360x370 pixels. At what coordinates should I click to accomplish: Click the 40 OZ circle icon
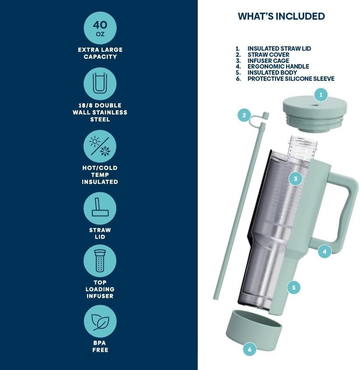coord(100,28)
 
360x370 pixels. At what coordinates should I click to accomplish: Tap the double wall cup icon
coord(100,84)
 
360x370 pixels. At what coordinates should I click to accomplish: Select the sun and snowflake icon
coord(100,146)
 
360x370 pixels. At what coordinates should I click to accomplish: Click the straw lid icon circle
coord(100,208)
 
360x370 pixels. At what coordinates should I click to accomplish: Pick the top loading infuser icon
coord(100,261)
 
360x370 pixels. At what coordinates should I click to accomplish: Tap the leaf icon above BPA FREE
coord(100,322)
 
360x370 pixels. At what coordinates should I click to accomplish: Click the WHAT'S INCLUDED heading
coord(281,16)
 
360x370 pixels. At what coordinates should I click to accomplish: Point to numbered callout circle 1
coord(321,95)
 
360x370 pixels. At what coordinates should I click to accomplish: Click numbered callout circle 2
coord(244,115)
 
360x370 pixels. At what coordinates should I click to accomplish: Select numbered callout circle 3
coord(295,179)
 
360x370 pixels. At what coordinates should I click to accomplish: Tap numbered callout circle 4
coord(324,252)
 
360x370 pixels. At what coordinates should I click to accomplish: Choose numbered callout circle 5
coord(294,287)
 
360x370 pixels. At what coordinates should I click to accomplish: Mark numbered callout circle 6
coord(249,349)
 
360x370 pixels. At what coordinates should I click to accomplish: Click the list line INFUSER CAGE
coord(262,61)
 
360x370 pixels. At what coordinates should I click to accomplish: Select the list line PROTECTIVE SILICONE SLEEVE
coord(285,79)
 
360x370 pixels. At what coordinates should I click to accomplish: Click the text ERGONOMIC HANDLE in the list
coord(278,66)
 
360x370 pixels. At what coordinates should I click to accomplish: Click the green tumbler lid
coord(315,113)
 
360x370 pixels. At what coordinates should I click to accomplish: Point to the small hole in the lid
coord(315,105)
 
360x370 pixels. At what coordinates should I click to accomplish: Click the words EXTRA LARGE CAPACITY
coord(100,53)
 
